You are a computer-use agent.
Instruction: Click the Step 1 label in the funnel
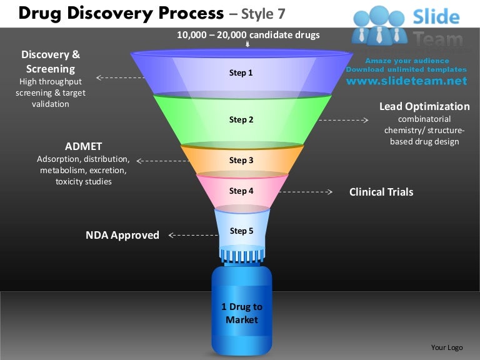[241, 73]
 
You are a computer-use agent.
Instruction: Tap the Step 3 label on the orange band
[241, 161]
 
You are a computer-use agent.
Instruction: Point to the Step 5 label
[241, 231]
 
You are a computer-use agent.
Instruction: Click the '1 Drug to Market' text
[242, 313]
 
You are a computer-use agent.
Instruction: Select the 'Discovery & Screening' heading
[51, 61]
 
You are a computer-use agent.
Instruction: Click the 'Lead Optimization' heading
[424, 106]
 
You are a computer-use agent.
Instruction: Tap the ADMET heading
[83, 146]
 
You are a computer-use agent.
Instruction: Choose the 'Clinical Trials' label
[381, 192]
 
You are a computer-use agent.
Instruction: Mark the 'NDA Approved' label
[122, 235]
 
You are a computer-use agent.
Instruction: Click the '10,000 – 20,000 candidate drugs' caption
[248, 35]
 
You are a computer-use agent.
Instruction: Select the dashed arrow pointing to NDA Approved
[194, 236]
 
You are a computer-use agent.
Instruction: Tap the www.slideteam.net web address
[406, 81]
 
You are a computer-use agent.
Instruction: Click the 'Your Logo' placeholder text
[447, 347]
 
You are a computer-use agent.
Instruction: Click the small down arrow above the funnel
[248, 45]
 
